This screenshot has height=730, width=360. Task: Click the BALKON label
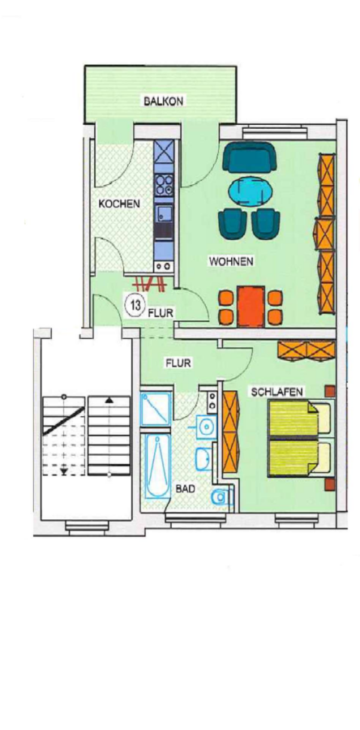coord(163,101)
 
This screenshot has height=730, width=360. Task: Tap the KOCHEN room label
coord(119,204)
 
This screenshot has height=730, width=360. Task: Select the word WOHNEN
coord(231,261)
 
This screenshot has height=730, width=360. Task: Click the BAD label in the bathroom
coord(185,489)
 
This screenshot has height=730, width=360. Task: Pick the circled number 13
coord(135,306)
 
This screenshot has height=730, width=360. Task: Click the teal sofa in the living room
coord(248,158)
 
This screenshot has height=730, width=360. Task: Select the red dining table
coord(251,307)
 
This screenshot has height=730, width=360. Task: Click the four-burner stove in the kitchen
coord(164,184)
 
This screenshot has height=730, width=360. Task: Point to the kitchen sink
coord(163,215)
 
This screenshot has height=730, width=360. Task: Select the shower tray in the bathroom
coord(156,409)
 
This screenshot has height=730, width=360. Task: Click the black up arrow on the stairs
coord(109,399)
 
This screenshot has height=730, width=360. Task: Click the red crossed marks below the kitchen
coord(150,282)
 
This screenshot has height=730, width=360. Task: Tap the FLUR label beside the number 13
coord(161,313)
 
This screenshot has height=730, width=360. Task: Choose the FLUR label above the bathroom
coord(178,363)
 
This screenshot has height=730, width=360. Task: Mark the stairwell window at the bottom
coord(87,526)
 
